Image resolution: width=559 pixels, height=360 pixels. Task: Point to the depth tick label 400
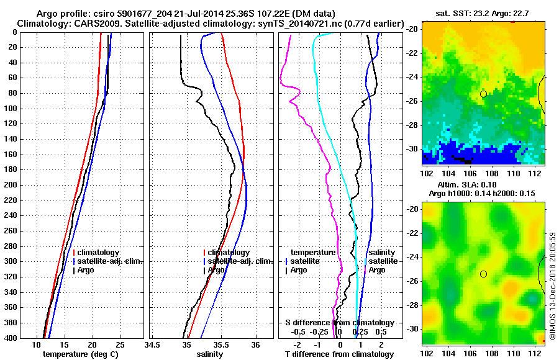[x=11, y=338]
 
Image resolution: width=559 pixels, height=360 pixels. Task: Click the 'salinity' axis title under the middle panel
[x=210, y=354]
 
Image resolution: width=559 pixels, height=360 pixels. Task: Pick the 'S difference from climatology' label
[x=339, y=323]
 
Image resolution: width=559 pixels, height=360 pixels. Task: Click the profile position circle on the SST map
[x=483, y=94]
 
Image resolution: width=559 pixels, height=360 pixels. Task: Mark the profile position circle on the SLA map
[x=483, y=274]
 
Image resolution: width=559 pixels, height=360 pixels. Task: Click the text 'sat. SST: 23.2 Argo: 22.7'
[x=484, y=13]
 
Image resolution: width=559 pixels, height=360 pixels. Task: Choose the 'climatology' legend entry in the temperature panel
[x=98, y=253]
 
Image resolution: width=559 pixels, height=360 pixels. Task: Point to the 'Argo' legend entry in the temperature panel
[x=86, y=270]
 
